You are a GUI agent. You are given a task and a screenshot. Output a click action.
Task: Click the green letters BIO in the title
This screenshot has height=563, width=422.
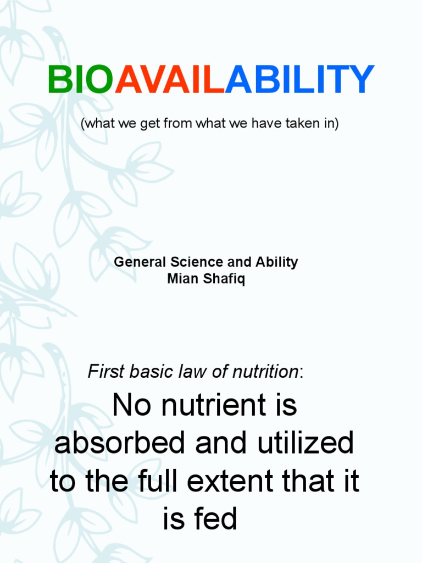tap(80, 80)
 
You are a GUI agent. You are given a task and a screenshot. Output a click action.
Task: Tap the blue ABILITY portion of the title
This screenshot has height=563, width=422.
tap(299, 80)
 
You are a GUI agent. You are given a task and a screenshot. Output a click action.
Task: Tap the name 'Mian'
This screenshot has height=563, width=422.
tap(180, 279)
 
